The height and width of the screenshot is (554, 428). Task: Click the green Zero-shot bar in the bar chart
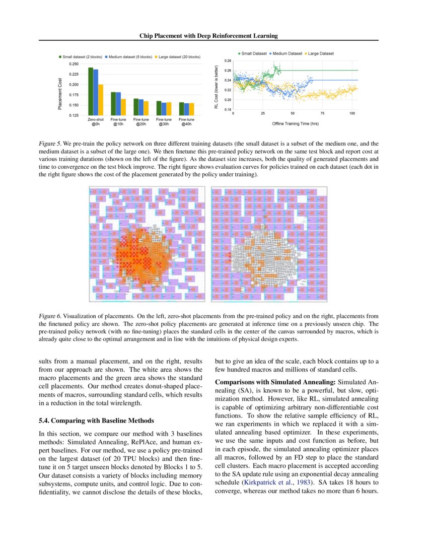click(91, 91)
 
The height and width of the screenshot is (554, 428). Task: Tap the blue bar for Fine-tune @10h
click(118, 104)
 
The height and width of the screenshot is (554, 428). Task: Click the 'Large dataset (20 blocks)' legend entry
click(179, 57)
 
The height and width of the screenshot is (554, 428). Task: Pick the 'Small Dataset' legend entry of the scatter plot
click(253, 53)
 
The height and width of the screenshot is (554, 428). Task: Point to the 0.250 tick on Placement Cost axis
click(74, 64)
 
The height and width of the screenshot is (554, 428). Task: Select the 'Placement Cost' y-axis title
click(60, 94)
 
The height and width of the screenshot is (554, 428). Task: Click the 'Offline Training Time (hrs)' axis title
click(295, 123)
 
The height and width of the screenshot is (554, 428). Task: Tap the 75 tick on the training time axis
click(322, 114)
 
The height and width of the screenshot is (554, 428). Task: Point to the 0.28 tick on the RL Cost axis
click(227, 61)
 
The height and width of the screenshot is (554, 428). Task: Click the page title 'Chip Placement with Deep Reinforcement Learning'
click(208, 36)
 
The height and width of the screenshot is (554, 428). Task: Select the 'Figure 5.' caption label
click(49, 144)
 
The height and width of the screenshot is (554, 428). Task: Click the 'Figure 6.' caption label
click(49, 316)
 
